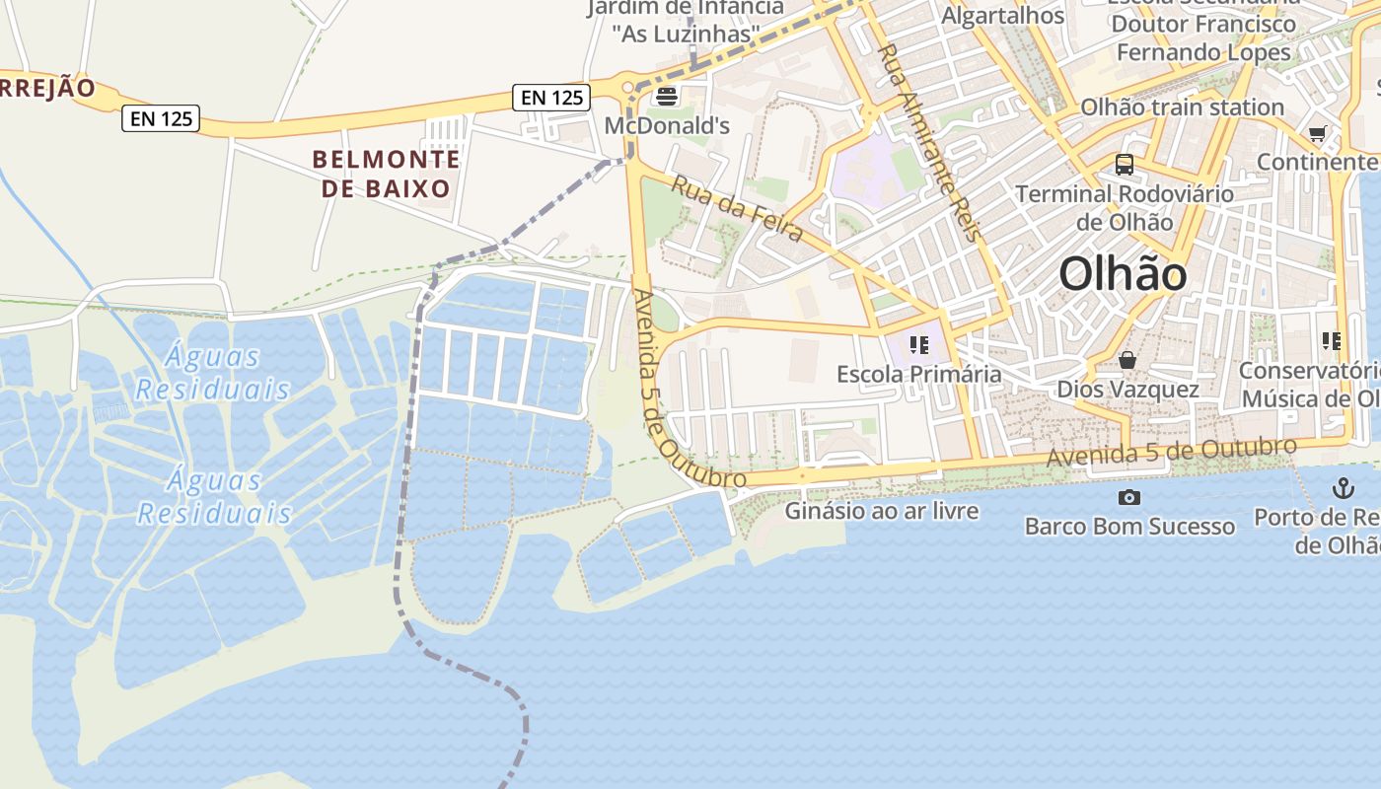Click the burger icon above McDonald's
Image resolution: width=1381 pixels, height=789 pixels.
[667, 97]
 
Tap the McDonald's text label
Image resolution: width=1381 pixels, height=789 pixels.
[667, 125]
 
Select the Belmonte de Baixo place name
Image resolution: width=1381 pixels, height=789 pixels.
[386, 174]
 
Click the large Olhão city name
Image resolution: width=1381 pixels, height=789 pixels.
[1123, 273]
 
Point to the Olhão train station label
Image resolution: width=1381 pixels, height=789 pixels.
[1182, 107]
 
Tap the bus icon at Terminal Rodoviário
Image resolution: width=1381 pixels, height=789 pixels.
[1125, 164]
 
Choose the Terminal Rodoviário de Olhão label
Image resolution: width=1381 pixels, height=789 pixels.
[1125, 207]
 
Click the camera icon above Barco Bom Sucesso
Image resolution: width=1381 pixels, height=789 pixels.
[1129, 497]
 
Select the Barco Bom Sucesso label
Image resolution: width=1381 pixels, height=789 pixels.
[1129, 526]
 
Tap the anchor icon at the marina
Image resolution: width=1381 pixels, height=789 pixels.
[1343, 487]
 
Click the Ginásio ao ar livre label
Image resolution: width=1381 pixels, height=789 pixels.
[882, 511]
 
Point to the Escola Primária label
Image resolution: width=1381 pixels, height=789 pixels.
[918, 374]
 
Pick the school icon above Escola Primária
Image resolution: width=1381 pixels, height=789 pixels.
[919, 345]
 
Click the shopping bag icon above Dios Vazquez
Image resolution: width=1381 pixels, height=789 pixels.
[1127, 361]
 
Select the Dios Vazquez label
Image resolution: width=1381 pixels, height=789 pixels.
[1127, 389]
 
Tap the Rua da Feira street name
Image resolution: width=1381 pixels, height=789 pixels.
[737, 209]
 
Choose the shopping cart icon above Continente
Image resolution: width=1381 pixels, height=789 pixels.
[1317, 134]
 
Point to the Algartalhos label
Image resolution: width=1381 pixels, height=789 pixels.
[1002, 16]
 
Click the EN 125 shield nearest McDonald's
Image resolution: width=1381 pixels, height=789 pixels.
[551, 97]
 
